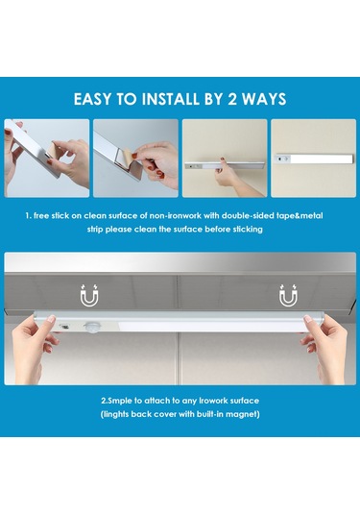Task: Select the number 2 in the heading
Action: coord(232,99)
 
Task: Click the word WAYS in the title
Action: coord(264,99)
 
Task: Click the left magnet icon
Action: coord(89,295)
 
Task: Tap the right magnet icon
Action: coord(288,295)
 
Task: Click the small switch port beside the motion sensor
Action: coord(64,326)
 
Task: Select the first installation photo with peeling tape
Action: coord(47,158)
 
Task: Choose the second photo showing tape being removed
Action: coord(135,158)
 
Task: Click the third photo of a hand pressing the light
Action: coord(225,158)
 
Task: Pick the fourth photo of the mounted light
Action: coord(314,158)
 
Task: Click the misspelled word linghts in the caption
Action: coord(115,414)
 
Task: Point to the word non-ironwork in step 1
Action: coord(176,216)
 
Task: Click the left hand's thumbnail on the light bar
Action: coord(51,318)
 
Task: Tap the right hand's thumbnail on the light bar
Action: coord(307,319)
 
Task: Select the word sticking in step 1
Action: coord(248,229)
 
